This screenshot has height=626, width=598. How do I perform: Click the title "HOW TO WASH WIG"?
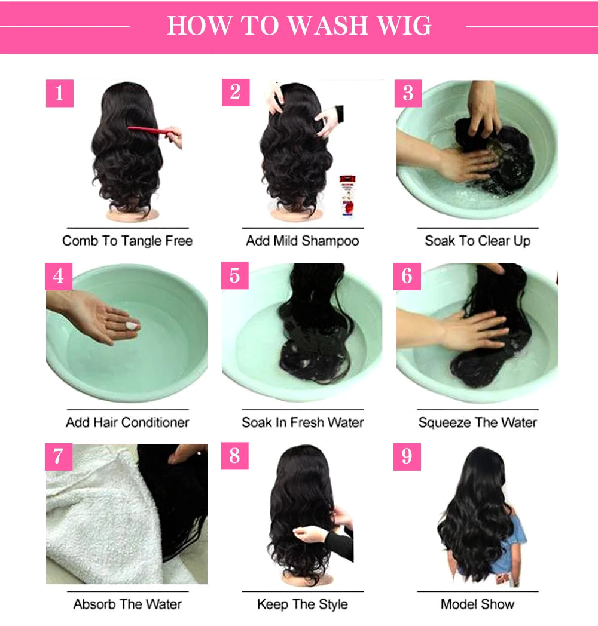tap(299, 26)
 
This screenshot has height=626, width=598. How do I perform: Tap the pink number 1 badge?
tap(59, 94)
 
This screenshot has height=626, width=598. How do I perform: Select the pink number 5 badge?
tap(235, 275)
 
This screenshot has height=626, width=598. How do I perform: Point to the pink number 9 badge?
tap(407, 456)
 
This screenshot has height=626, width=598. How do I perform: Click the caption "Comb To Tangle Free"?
tap(127, 241)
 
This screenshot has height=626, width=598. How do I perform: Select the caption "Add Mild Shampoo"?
tap(303, 241)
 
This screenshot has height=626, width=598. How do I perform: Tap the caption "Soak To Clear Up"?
tap(477, 241)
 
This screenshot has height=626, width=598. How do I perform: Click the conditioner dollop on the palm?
tap(130, 326)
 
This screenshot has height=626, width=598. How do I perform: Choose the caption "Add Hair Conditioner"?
tap(127, 422)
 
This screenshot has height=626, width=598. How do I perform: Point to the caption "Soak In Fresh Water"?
tap(303, 422)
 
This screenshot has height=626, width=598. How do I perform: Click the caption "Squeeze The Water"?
tap(477, 422)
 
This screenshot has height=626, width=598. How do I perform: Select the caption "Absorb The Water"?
tap(127, 604)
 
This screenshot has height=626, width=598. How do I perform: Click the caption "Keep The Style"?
tap(303, 604)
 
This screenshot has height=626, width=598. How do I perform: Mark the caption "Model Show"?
tap(477, 604)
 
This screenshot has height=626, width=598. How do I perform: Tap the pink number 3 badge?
tap(408, 93)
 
